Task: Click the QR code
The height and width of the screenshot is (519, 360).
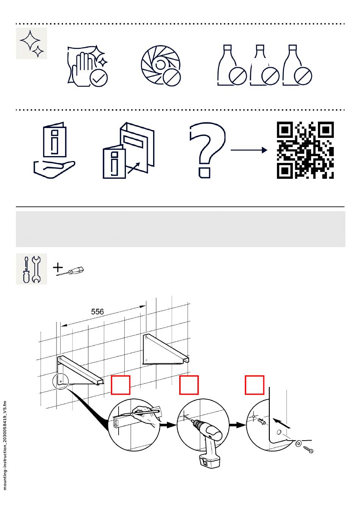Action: click(x=305, y=150)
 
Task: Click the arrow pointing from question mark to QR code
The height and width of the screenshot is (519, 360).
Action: click(x=249, y=150)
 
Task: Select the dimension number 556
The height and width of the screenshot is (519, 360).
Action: click(x=97, y=312)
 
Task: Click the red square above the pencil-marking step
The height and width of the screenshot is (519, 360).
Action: click(x=121, y=385)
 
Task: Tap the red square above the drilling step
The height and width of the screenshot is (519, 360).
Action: click(x=189, y=385)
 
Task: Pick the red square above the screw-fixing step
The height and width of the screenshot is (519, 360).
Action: click(x=255, y=385)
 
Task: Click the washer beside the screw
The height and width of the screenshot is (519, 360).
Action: click(x=299, y=444)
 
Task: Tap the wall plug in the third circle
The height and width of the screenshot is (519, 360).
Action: click(x=261, y=421)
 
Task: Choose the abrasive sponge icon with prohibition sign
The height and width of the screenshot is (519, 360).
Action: click(x=161, y=66)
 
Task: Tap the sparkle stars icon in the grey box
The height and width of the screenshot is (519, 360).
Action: click(x=31, y=43)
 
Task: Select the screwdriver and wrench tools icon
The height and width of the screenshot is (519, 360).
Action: click(x=31, y=269)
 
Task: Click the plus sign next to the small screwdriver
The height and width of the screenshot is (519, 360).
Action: click(x=58, y=267)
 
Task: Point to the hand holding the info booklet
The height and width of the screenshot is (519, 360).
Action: click(x=54, y=169)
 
